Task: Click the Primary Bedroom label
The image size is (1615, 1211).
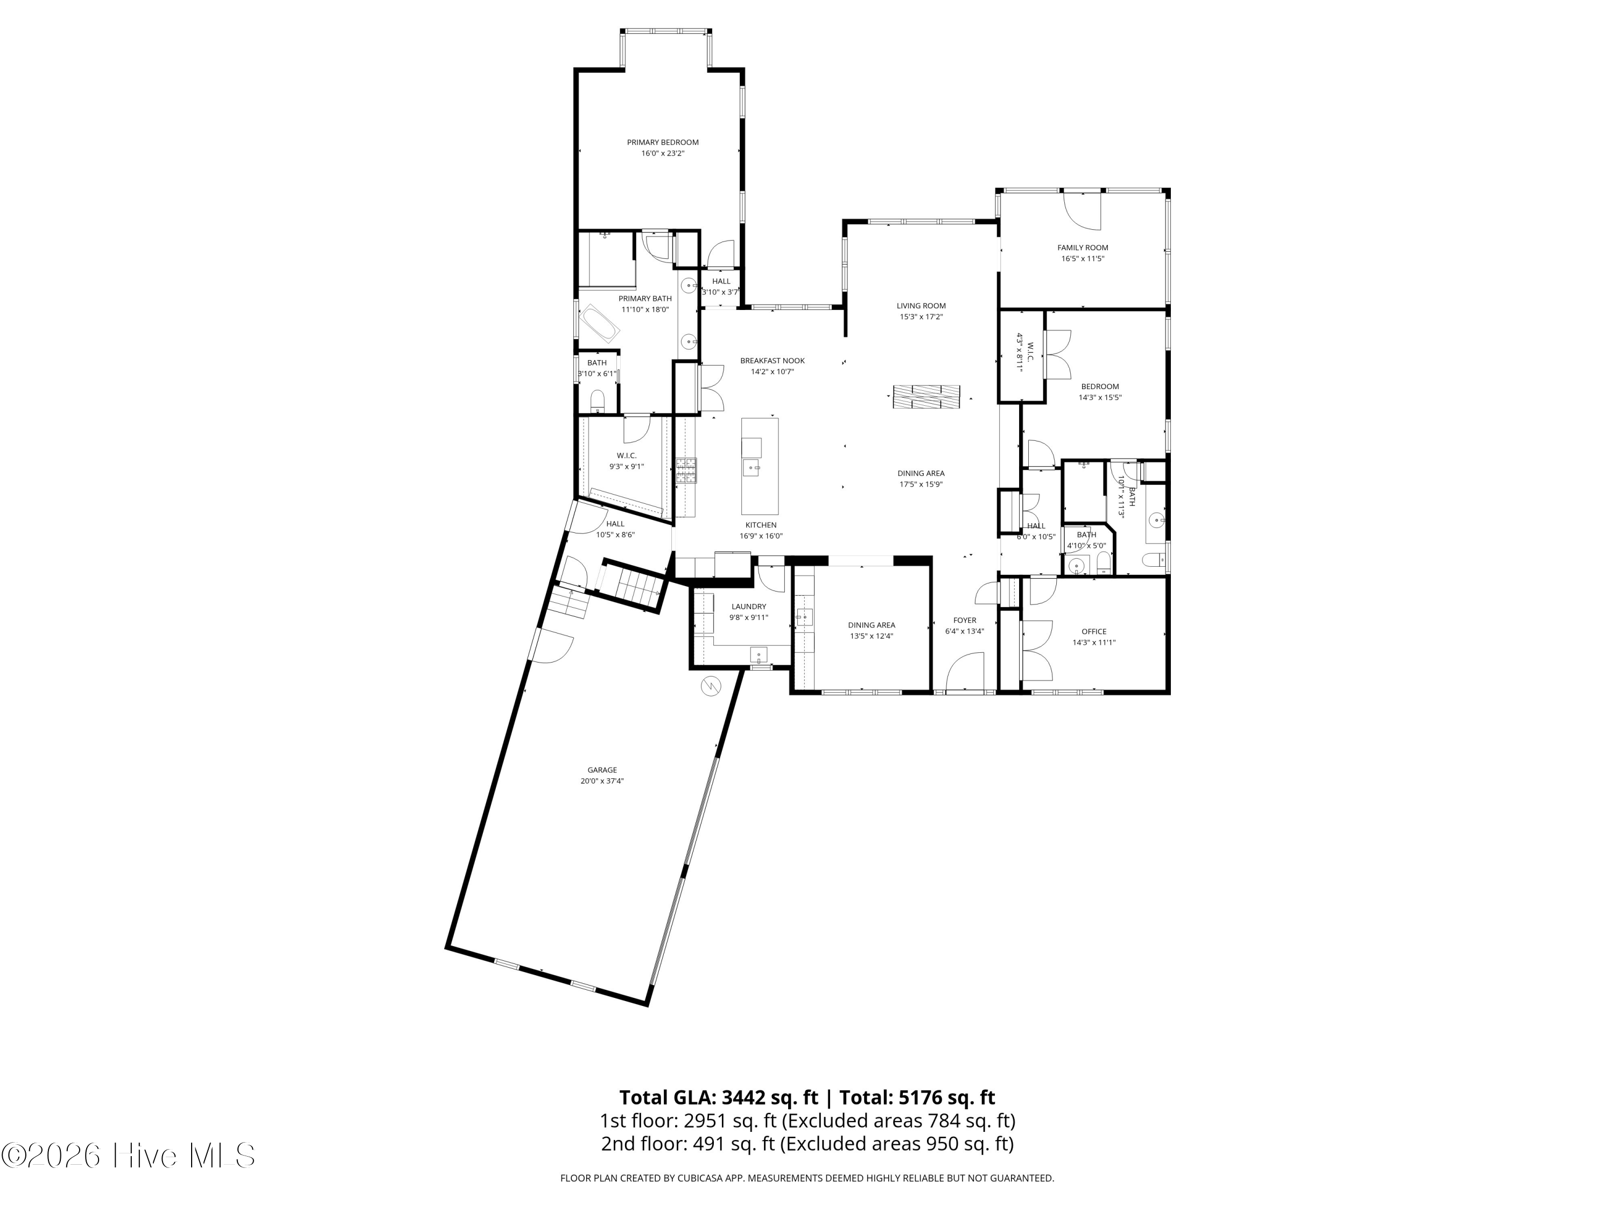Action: click(x=662, y=142)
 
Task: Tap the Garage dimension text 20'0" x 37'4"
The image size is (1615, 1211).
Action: click(x=602, y=781)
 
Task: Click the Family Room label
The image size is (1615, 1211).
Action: click(x=1082, y=248)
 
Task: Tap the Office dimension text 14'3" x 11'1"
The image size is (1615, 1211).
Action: click(x=1094, y=643)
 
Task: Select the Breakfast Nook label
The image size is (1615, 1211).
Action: click(x=773, y=361)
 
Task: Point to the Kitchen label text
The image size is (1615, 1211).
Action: click(x=761, y=525)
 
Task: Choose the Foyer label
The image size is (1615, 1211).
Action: click(x=965, y=621)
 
